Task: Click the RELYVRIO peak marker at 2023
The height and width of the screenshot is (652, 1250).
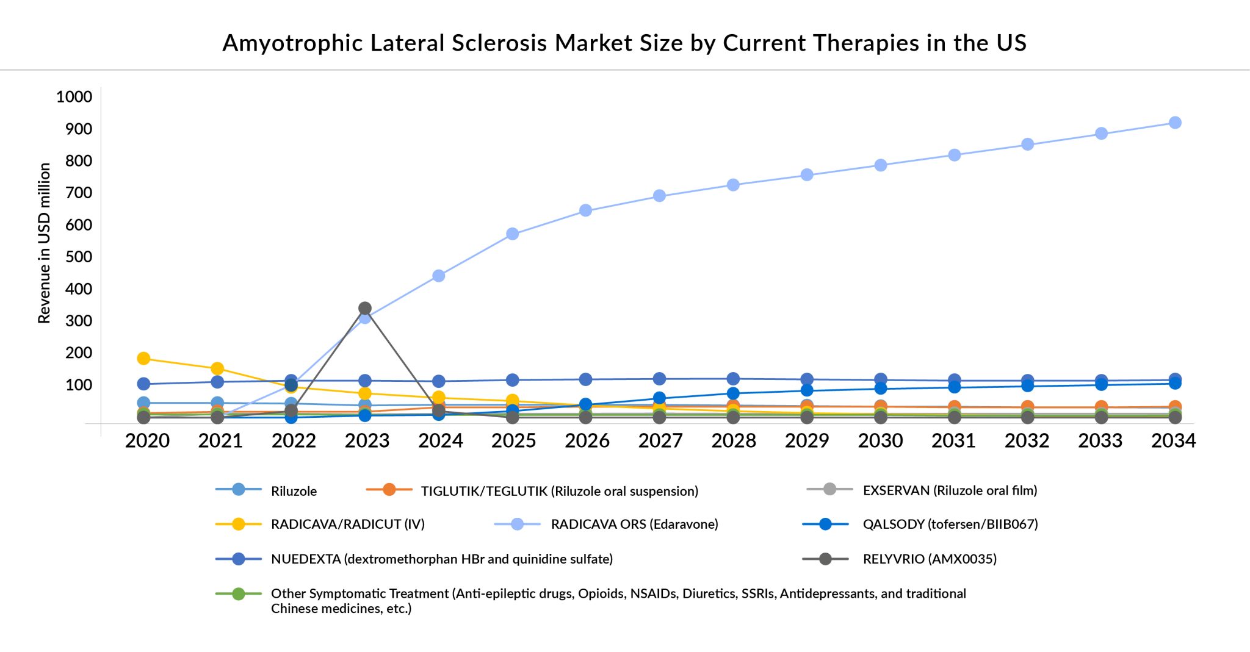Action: (x=365, y=308)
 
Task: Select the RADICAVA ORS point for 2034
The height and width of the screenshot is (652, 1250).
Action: (x=1175, y=123)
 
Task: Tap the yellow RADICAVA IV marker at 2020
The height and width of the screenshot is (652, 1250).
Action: (x=143, y=358)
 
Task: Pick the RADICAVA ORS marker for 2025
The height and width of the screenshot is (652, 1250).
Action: (x=513, y=234)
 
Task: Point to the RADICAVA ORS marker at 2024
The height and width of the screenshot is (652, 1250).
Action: (x=438, y=276)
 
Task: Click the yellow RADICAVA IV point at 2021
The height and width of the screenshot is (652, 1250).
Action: (x=217, y=368)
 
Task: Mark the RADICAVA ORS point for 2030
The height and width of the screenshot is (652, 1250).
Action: (x=881, y=165)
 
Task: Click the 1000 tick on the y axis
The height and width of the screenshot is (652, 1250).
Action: (x=74, y=97)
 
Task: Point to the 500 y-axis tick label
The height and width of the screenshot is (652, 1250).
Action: (x=78, y=257)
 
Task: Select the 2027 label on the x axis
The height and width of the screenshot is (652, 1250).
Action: (x=660, y=440)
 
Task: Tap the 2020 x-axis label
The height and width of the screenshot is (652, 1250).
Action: (x=147, y=440)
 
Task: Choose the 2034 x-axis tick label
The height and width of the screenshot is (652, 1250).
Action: (x=1173, y=440)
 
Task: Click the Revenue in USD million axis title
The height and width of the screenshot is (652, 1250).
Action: (x=44, y=243)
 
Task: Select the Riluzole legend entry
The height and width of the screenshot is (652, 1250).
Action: (x=294, y=491)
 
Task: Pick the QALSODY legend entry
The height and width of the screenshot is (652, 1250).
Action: (x=950, y=524)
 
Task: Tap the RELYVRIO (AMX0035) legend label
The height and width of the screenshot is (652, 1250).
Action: (x=929, y=559)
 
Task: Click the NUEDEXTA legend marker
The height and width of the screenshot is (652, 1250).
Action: (x=239, y=559)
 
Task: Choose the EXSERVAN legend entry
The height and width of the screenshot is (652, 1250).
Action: (x=950, y=490)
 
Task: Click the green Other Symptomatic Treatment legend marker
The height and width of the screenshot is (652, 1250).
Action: (x=239, y=593)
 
